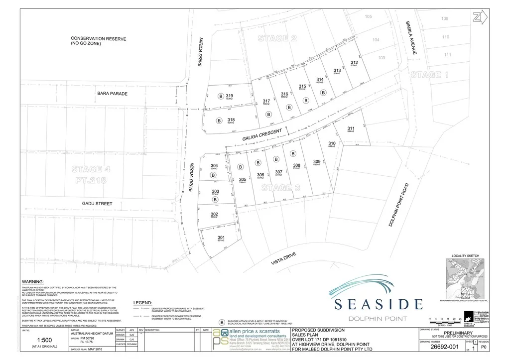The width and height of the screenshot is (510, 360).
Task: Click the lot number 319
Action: click(x=229, y=96)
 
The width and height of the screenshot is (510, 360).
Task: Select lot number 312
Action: click(x=355, y=62)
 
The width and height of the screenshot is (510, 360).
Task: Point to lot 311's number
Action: click(x=351, y=128)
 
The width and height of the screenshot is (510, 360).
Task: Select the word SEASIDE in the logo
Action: click(x=379, y=304)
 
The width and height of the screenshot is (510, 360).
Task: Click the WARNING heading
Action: click(x=33, y=281)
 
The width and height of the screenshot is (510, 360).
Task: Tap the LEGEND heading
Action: click(x=142, y=303)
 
